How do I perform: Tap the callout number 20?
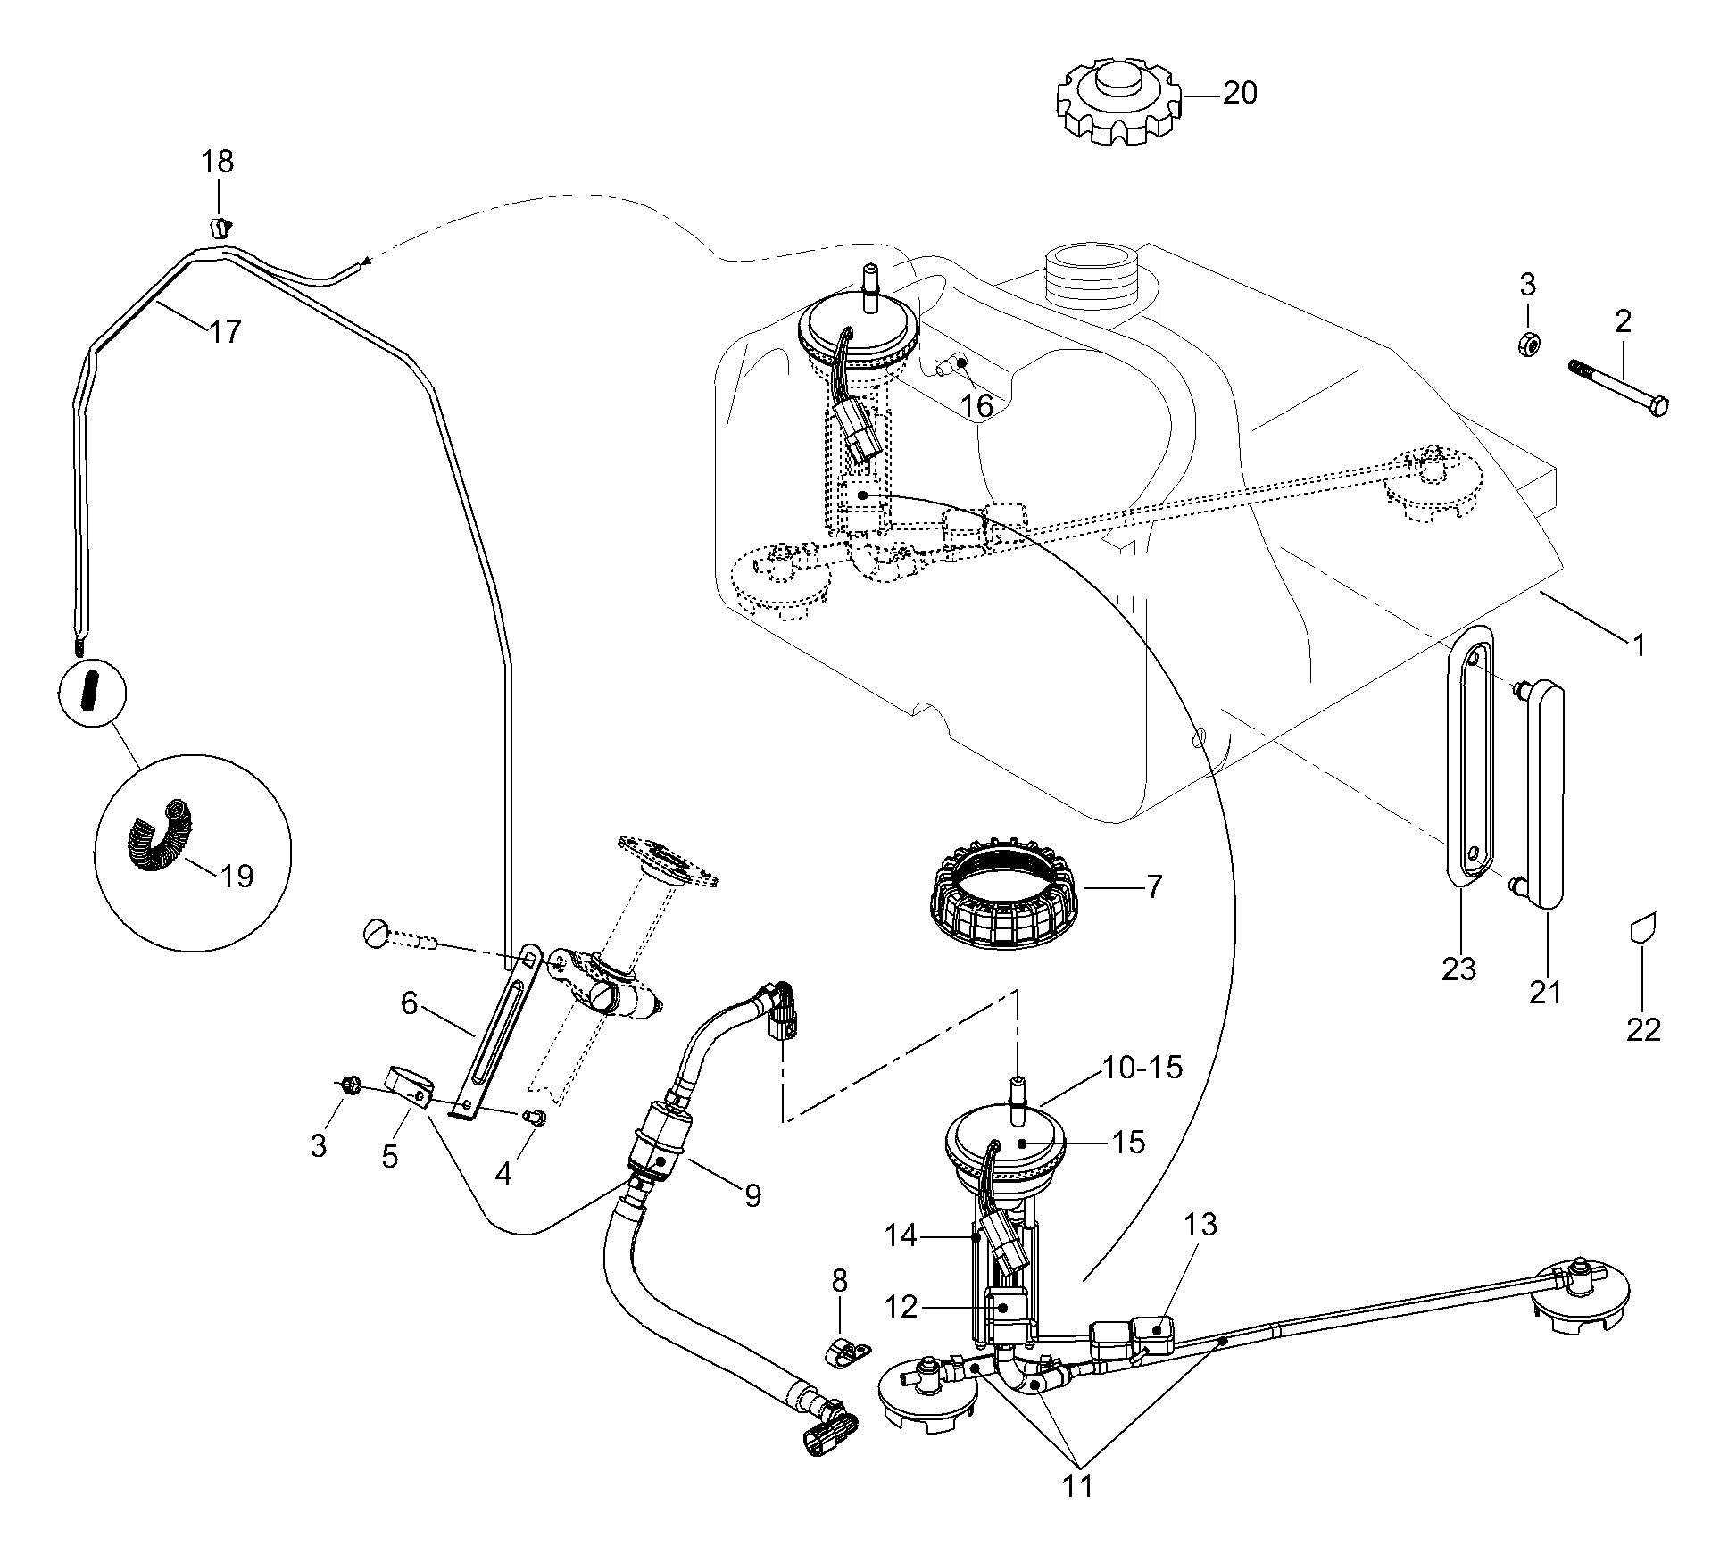pyautogui.click(x=1239, y=93)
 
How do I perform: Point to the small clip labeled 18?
pyautogui.click(x=218, y=227)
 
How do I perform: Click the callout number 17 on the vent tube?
pyautogui.click(x=225, y=332)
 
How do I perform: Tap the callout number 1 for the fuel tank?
pyautogui.click(x=1638, y=645)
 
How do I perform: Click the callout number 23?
pyautogui.click(x=1459, y=969)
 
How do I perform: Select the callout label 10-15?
pyautogui.click(x=1142, y=1067)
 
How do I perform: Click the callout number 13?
pyautogui.click(x=1201, y=1226)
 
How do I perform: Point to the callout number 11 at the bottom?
pyautogui.click(x=1078, y=1485)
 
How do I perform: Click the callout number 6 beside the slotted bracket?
pyautogui.click(x=409, y=1003)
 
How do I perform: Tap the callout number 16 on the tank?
pyautogui.click(x=977, y=406)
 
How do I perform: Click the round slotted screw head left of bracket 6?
pyautogui.click(x=376, y=936)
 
